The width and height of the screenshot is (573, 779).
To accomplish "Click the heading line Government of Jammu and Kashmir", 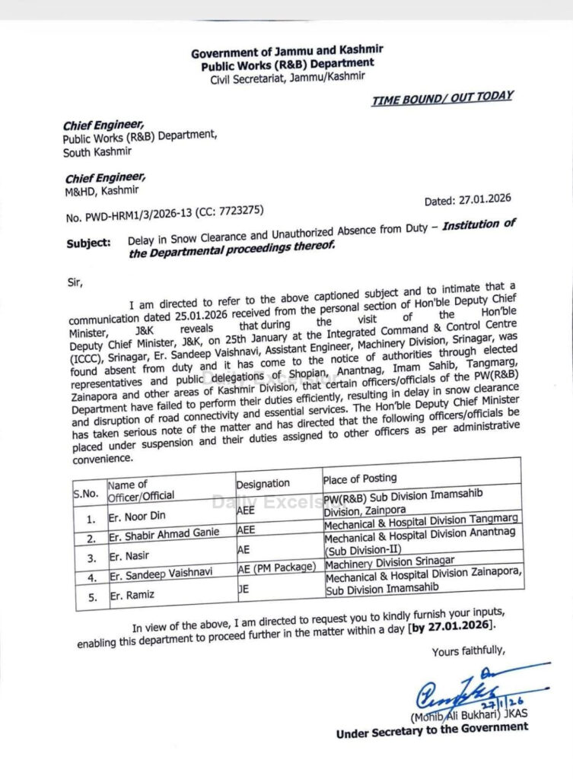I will point(287,52).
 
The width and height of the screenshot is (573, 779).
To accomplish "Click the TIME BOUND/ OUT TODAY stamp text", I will point(442,98).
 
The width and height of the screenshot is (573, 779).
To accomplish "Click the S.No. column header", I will point(86,493).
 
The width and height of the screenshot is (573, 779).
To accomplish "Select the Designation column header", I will point(263,483).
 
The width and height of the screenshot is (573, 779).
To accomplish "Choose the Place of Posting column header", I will point(360,479).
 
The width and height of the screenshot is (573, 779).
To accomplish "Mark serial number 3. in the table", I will point(91,558).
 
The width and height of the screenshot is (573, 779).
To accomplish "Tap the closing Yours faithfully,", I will point(467,652).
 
